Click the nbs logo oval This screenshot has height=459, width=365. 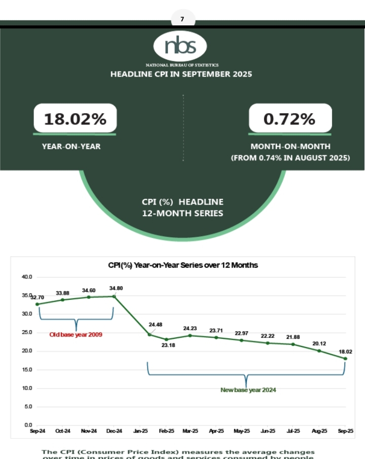(x=180, y=46)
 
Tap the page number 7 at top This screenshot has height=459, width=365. (x=182, y=20)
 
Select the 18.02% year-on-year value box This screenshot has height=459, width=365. (x=75, y=119)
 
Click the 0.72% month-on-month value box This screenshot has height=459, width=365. (x=289, y=119)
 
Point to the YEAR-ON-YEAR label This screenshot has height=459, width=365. (x=71, y=147)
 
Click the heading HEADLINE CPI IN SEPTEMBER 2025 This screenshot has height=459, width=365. (x=181, y=74)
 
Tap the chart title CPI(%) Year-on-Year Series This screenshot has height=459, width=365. (x=183, y=265)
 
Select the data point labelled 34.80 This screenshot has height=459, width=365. (x=114, y=296)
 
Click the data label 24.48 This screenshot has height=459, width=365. (x=156, y=325)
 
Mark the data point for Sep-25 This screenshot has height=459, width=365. (x=345, y=359)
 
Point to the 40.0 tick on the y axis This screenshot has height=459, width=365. (x=27, y=277)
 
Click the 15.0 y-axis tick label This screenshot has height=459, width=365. (x=27, y=370)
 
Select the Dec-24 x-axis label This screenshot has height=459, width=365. (x=115, y=431)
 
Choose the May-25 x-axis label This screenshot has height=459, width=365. (x=242, y=431)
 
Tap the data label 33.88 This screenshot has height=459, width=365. (x=63, y=293)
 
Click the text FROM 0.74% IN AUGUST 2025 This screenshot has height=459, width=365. (x=290, y=158)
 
